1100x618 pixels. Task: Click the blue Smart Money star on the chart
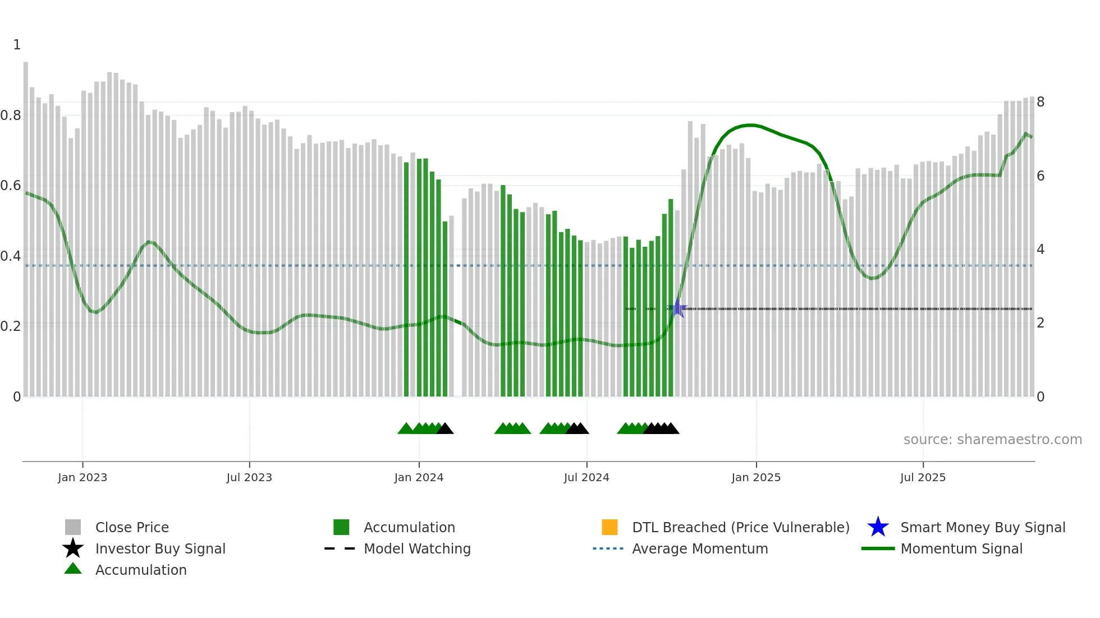[678, 308]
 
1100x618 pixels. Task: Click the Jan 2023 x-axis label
[82, 478]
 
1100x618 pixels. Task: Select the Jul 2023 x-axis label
[249, 478]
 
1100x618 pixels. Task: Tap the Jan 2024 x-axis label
[419, 478]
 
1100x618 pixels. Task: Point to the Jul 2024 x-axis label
[586, 478]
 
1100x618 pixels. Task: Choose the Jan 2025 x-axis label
[756, 478]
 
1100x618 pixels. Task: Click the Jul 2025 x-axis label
[923, 478]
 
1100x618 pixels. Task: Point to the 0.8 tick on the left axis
[11, 116]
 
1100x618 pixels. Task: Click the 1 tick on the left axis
[17, 45]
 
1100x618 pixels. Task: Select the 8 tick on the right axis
[1041, 102]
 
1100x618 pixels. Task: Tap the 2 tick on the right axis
[1041, 323]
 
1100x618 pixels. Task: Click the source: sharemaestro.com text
[992, 440]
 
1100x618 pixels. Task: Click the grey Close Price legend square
[73, 527]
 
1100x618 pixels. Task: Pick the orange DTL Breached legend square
[609, 527]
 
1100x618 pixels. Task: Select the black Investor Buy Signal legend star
[73, 548]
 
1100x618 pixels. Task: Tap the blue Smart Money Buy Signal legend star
[878, 527]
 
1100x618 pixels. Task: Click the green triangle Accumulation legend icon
[73, 569]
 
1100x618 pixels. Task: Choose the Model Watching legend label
[417, 548]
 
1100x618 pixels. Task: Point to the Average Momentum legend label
[700, 548]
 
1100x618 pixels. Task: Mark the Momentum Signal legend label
[961, 548]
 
